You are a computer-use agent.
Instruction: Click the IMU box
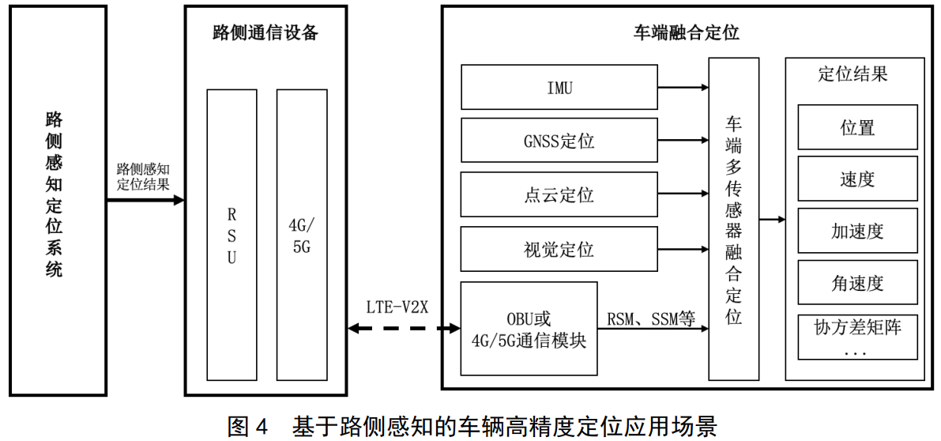point(559,87)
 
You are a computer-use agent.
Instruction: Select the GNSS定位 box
point(559,141)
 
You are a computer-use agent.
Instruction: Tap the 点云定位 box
point(559,194)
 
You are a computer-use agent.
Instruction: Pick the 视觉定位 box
point(559,249)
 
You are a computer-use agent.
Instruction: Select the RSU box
point(231,236)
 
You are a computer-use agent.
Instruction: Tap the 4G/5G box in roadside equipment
point(301,236)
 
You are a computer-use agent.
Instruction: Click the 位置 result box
point(857,127)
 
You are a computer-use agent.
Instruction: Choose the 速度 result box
point(857,179)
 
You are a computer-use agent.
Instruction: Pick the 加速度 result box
point(857,231)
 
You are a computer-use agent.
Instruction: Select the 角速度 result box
point(857,282)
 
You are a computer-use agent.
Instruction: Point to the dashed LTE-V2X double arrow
point(403,327)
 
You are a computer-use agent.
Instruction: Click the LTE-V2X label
point(397,307)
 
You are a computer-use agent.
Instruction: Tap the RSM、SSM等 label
point(651,319)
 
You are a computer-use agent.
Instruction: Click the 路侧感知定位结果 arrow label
point(145,177)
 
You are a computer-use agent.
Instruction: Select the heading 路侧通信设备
point(265,32)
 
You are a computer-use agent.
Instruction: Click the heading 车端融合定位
point(687,32)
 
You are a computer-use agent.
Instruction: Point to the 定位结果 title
point(853,74)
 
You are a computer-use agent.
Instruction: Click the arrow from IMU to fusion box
point(683,87)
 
